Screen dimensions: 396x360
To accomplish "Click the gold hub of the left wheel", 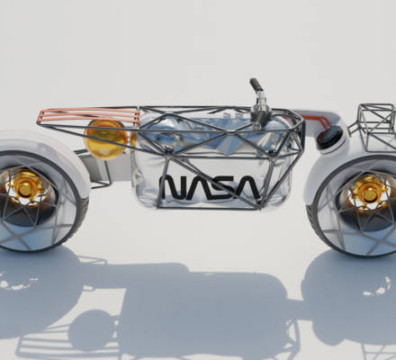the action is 25,187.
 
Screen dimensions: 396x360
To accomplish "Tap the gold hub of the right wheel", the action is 368,192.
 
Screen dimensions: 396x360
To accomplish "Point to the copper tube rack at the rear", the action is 89,116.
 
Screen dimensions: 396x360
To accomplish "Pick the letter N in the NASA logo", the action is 175,188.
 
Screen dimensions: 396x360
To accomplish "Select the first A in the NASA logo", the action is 200,188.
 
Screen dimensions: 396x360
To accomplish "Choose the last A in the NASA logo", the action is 247,187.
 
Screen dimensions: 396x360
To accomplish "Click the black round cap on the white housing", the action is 329,137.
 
